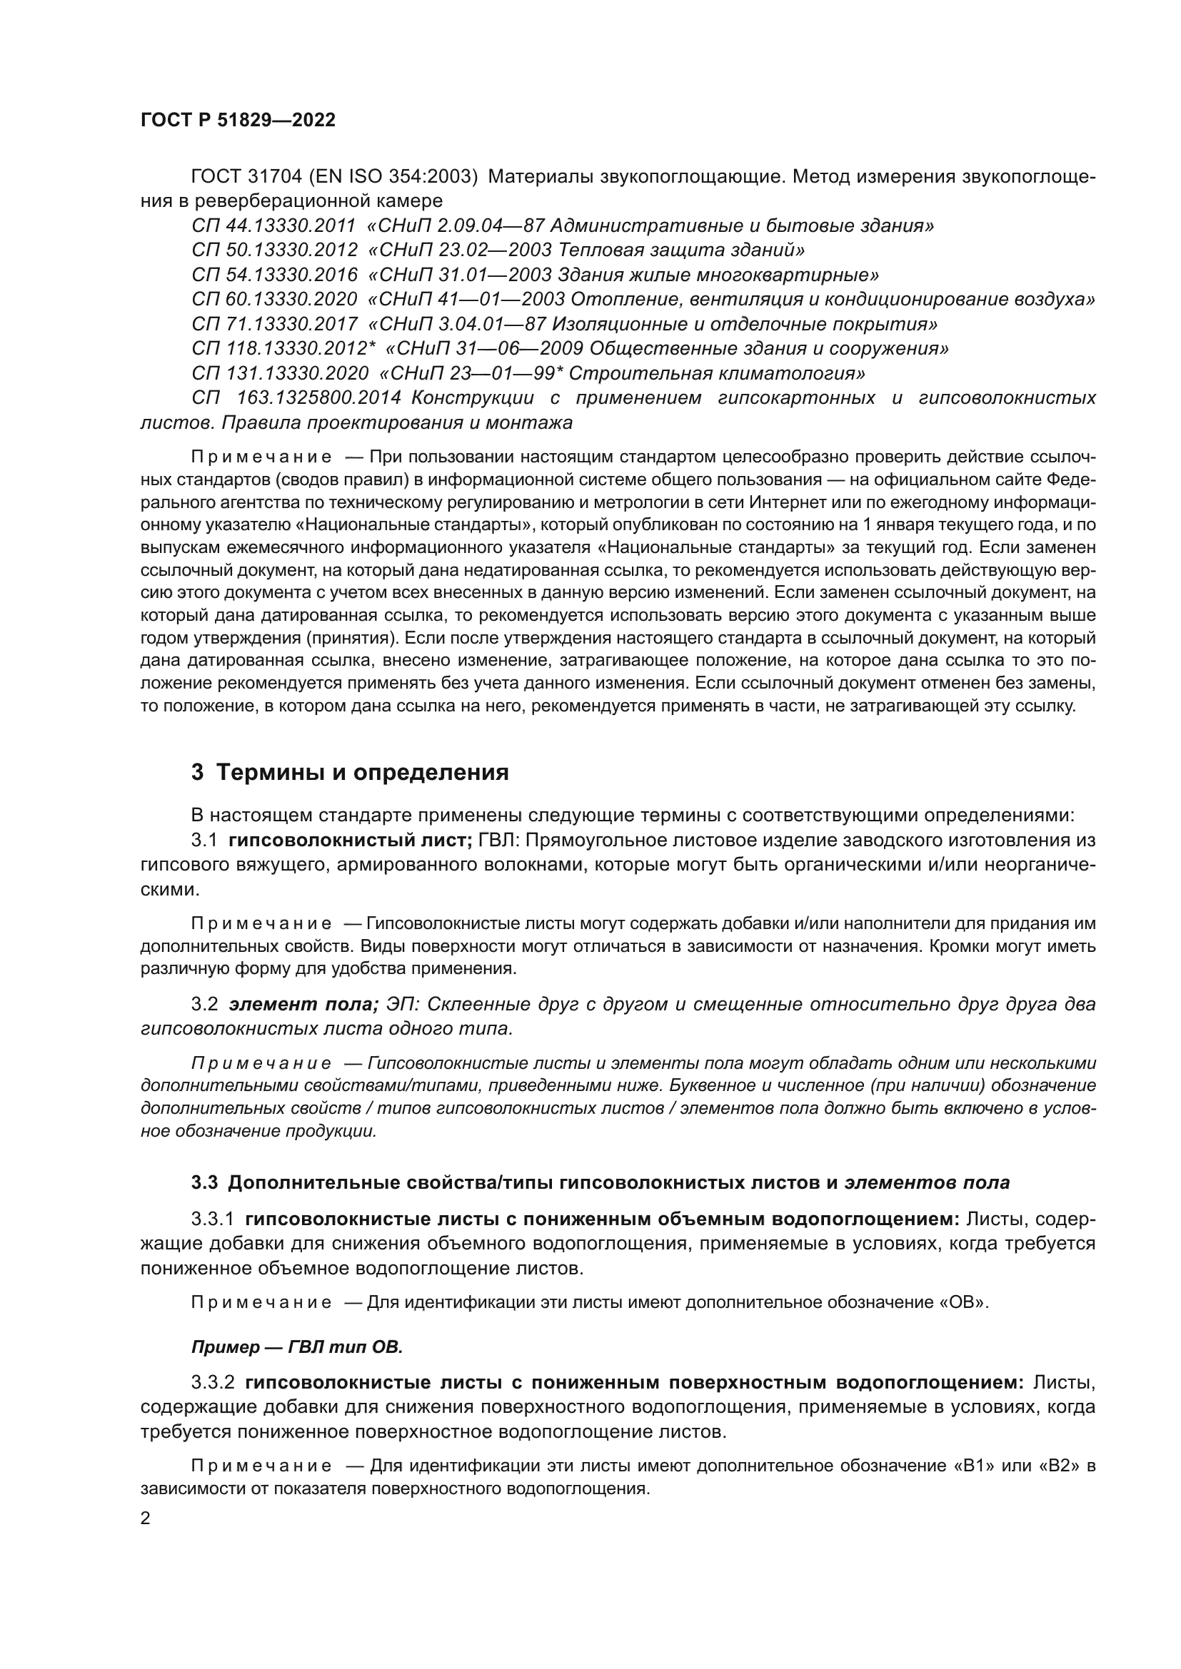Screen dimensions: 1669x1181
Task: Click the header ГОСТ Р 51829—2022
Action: click(238, 121)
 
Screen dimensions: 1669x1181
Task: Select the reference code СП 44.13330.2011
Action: click(274, 226)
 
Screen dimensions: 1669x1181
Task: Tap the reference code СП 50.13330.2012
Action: click(274, 250)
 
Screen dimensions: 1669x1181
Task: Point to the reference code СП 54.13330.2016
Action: click(274, 275)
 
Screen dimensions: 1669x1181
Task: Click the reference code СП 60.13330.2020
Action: click(274, 300)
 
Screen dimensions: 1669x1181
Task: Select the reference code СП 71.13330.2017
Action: click(274, 324)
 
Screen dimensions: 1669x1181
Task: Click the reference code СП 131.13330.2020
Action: click(280, 374)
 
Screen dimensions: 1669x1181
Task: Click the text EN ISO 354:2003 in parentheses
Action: click(393, 177)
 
